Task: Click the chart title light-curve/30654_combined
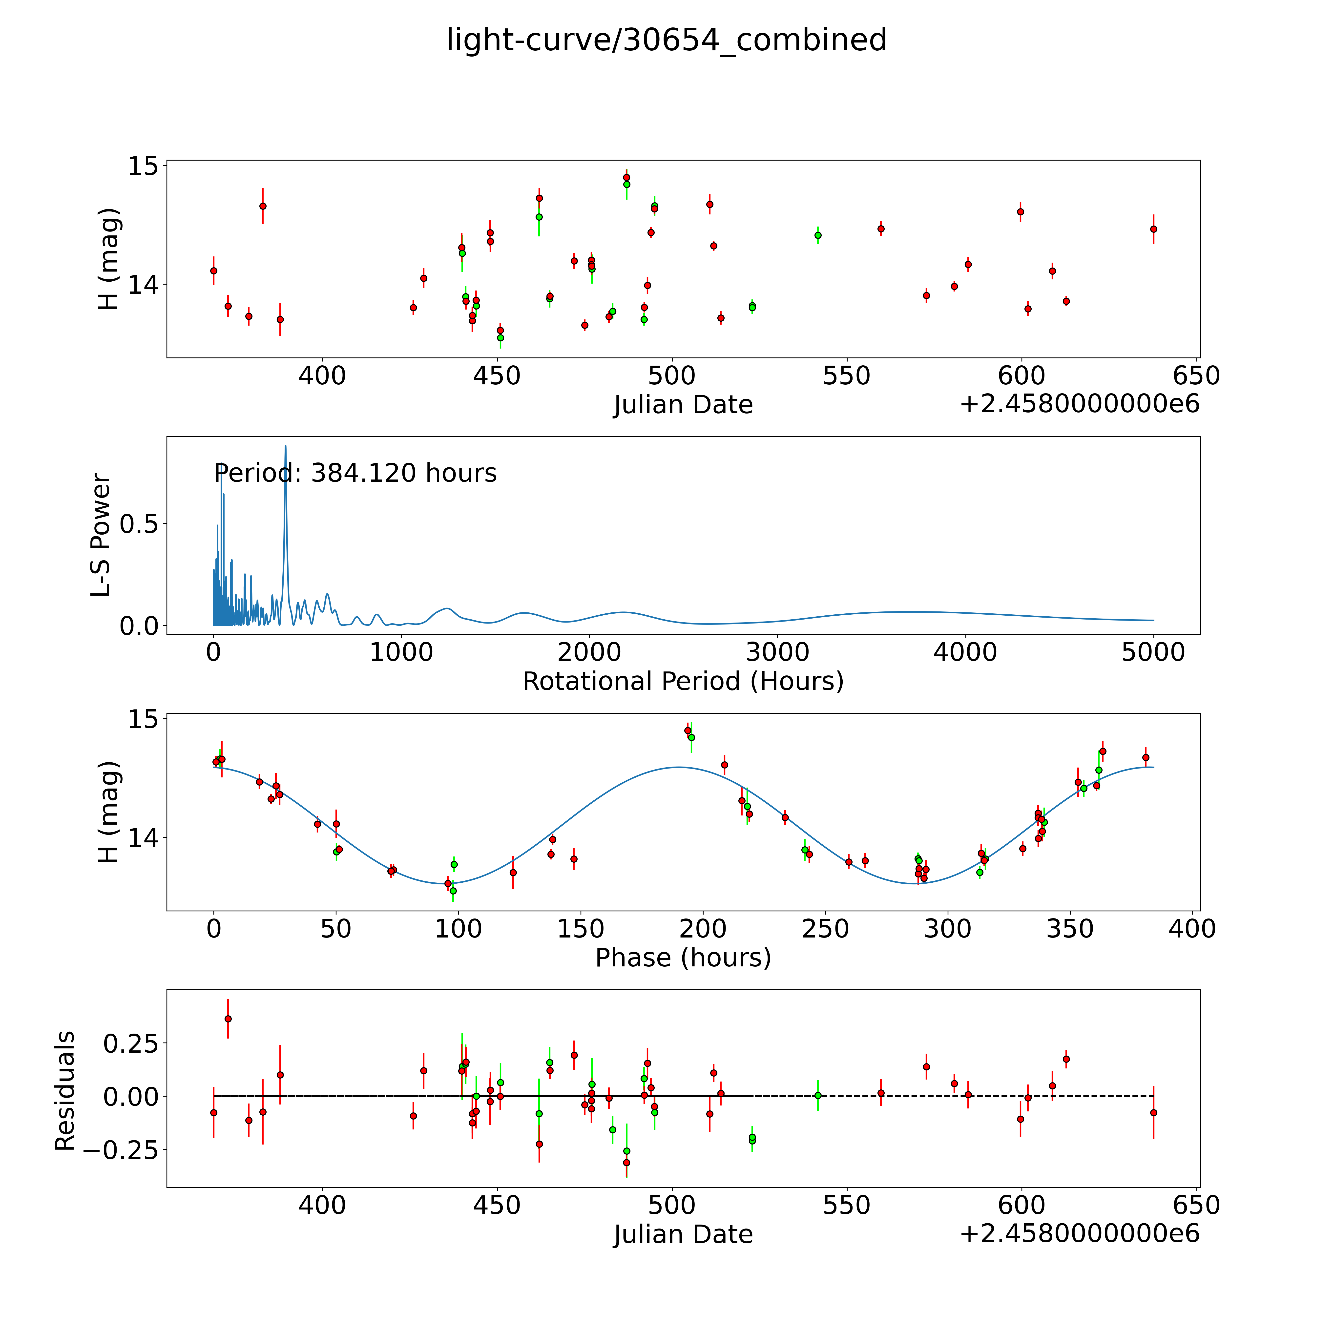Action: point(666,40)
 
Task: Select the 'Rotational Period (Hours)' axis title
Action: point(683,682)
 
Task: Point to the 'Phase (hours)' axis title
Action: point(683,958)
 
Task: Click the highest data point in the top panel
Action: point(626,177)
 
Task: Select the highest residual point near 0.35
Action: point(228,1019)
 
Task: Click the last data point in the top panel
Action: point(1153,229)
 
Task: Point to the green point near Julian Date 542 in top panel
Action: point(817,235)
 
